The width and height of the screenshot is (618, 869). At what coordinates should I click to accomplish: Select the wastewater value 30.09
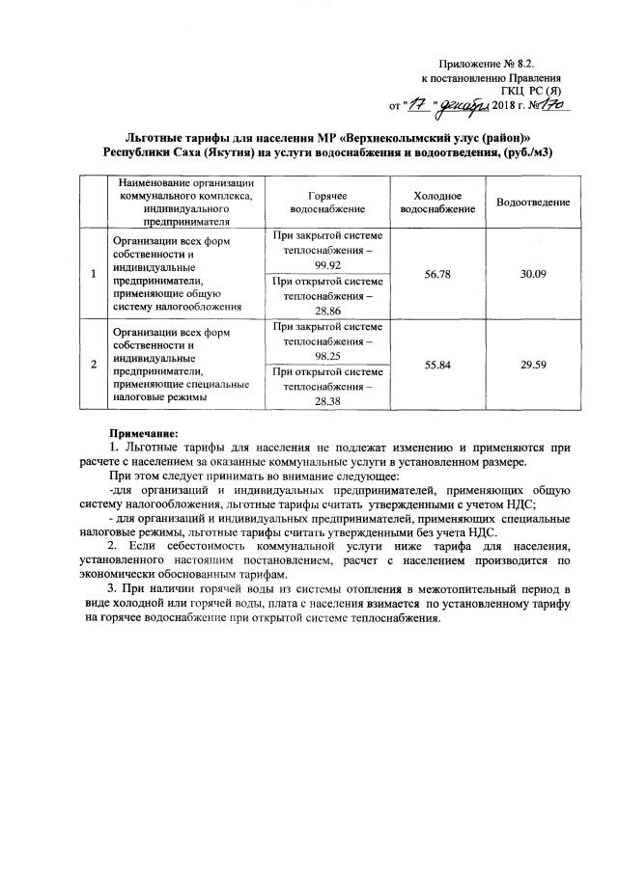tap(533, 274)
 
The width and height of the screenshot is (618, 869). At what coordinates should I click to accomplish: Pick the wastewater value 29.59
tap(533, 366)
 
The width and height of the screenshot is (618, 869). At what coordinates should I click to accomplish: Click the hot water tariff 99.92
tap(328, 263)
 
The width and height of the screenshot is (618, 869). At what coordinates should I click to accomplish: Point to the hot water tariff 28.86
tap(328, 312)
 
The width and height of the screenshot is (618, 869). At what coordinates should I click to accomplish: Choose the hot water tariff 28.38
tap(328, 402)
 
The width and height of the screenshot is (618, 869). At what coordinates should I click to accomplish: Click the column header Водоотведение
tap(533, 202)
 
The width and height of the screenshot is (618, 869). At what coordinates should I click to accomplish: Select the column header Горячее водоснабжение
tap(328, 202)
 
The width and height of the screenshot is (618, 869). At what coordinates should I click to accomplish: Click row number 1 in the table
tap(93, 274)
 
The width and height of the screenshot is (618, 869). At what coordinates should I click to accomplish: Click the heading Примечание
tap(144, 433)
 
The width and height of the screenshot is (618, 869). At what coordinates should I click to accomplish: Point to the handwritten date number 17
tap(415, 102)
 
